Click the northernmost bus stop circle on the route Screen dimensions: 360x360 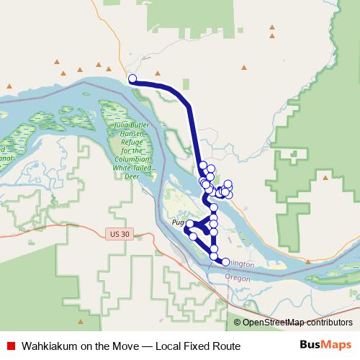[132, 78]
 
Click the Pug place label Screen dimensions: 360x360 [179, 223]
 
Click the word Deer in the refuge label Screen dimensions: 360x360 [130, 174]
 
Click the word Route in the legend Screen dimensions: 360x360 [225, 346]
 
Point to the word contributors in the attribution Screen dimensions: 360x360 [331, 323]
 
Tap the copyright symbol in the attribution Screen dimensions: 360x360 [238, 323]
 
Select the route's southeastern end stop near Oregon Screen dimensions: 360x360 [225, 261]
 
